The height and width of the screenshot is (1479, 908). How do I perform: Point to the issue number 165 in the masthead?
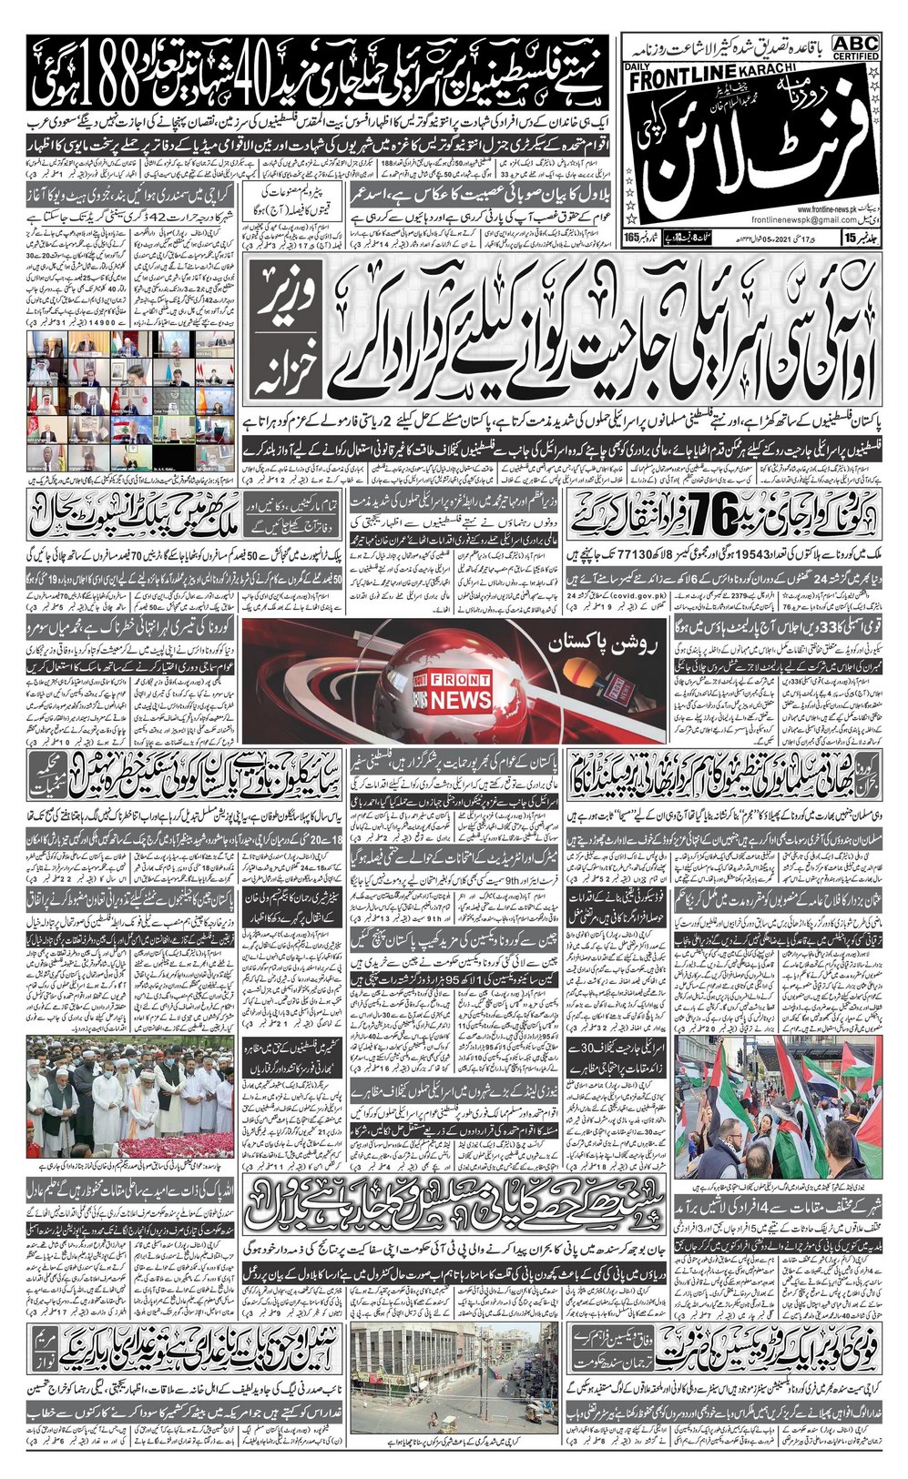click(x=633, y=238)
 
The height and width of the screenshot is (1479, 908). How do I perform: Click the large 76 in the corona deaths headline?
click(x=706, y=517)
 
